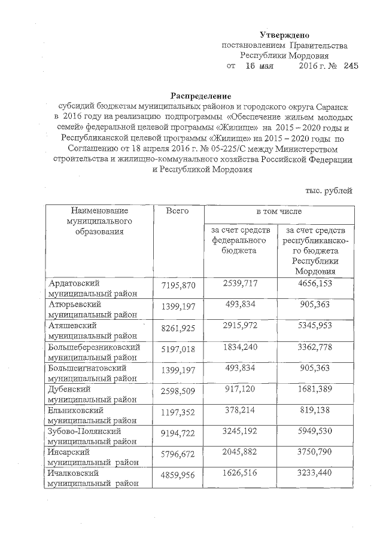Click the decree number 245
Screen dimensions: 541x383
click(351, 67)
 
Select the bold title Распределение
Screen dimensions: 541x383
click(200, 96)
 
